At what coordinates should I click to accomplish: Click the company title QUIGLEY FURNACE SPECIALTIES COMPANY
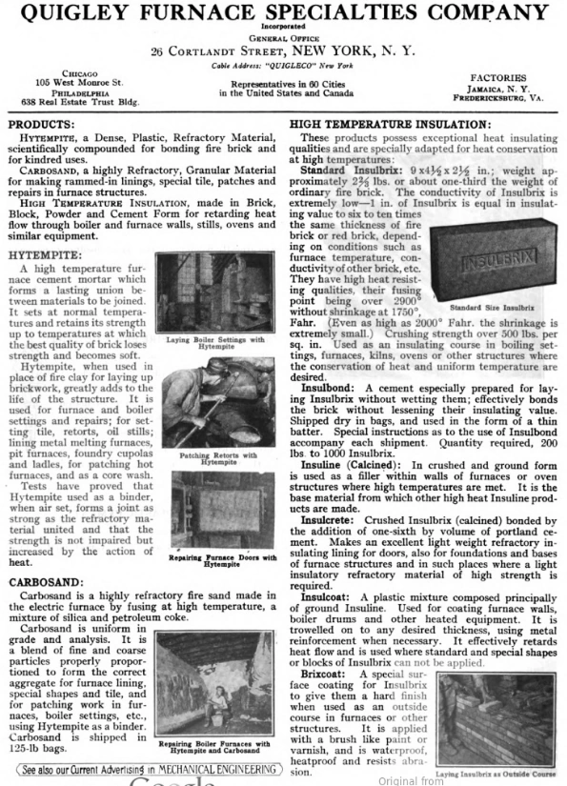283,13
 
